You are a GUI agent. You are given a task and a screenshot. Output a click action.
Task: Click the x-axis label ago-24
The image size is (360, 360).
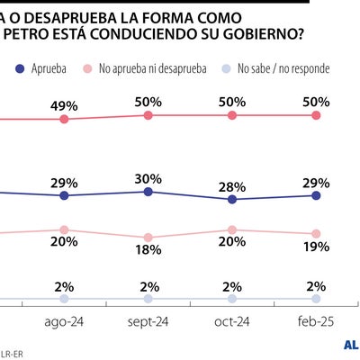click(64, 321)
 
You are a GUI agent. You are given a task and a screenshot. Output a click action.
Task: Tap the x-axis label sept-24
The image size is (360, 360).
click(148, 321)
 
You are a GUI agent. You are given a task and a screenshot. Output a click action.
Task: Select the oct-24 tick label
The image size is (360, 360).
click(232, 321)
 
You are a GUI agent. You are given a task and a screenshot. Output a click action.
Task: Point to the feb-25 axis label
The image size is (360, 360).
click(316, 321)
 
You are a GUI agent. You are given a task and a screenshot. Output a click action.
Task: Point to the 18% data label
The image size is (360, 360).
click(148, 251)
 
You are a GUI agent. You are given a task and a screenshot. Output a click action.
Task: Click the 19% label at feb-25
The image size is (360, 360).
click(316, 247)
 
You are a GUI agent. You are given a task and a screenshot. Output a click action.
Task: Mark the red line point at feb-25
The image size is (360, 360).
click(316, 115)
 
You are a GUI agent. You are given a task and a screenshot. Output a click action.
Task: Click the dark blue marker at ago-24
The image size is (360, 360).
click(64, 195)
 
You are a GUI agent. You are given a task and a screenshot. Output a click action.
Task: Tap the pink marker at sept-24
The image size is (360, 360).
click(148, 237)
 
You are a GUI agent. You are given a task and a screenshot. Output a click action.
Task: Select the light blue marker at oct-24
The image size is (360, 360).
click(232, 299)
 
